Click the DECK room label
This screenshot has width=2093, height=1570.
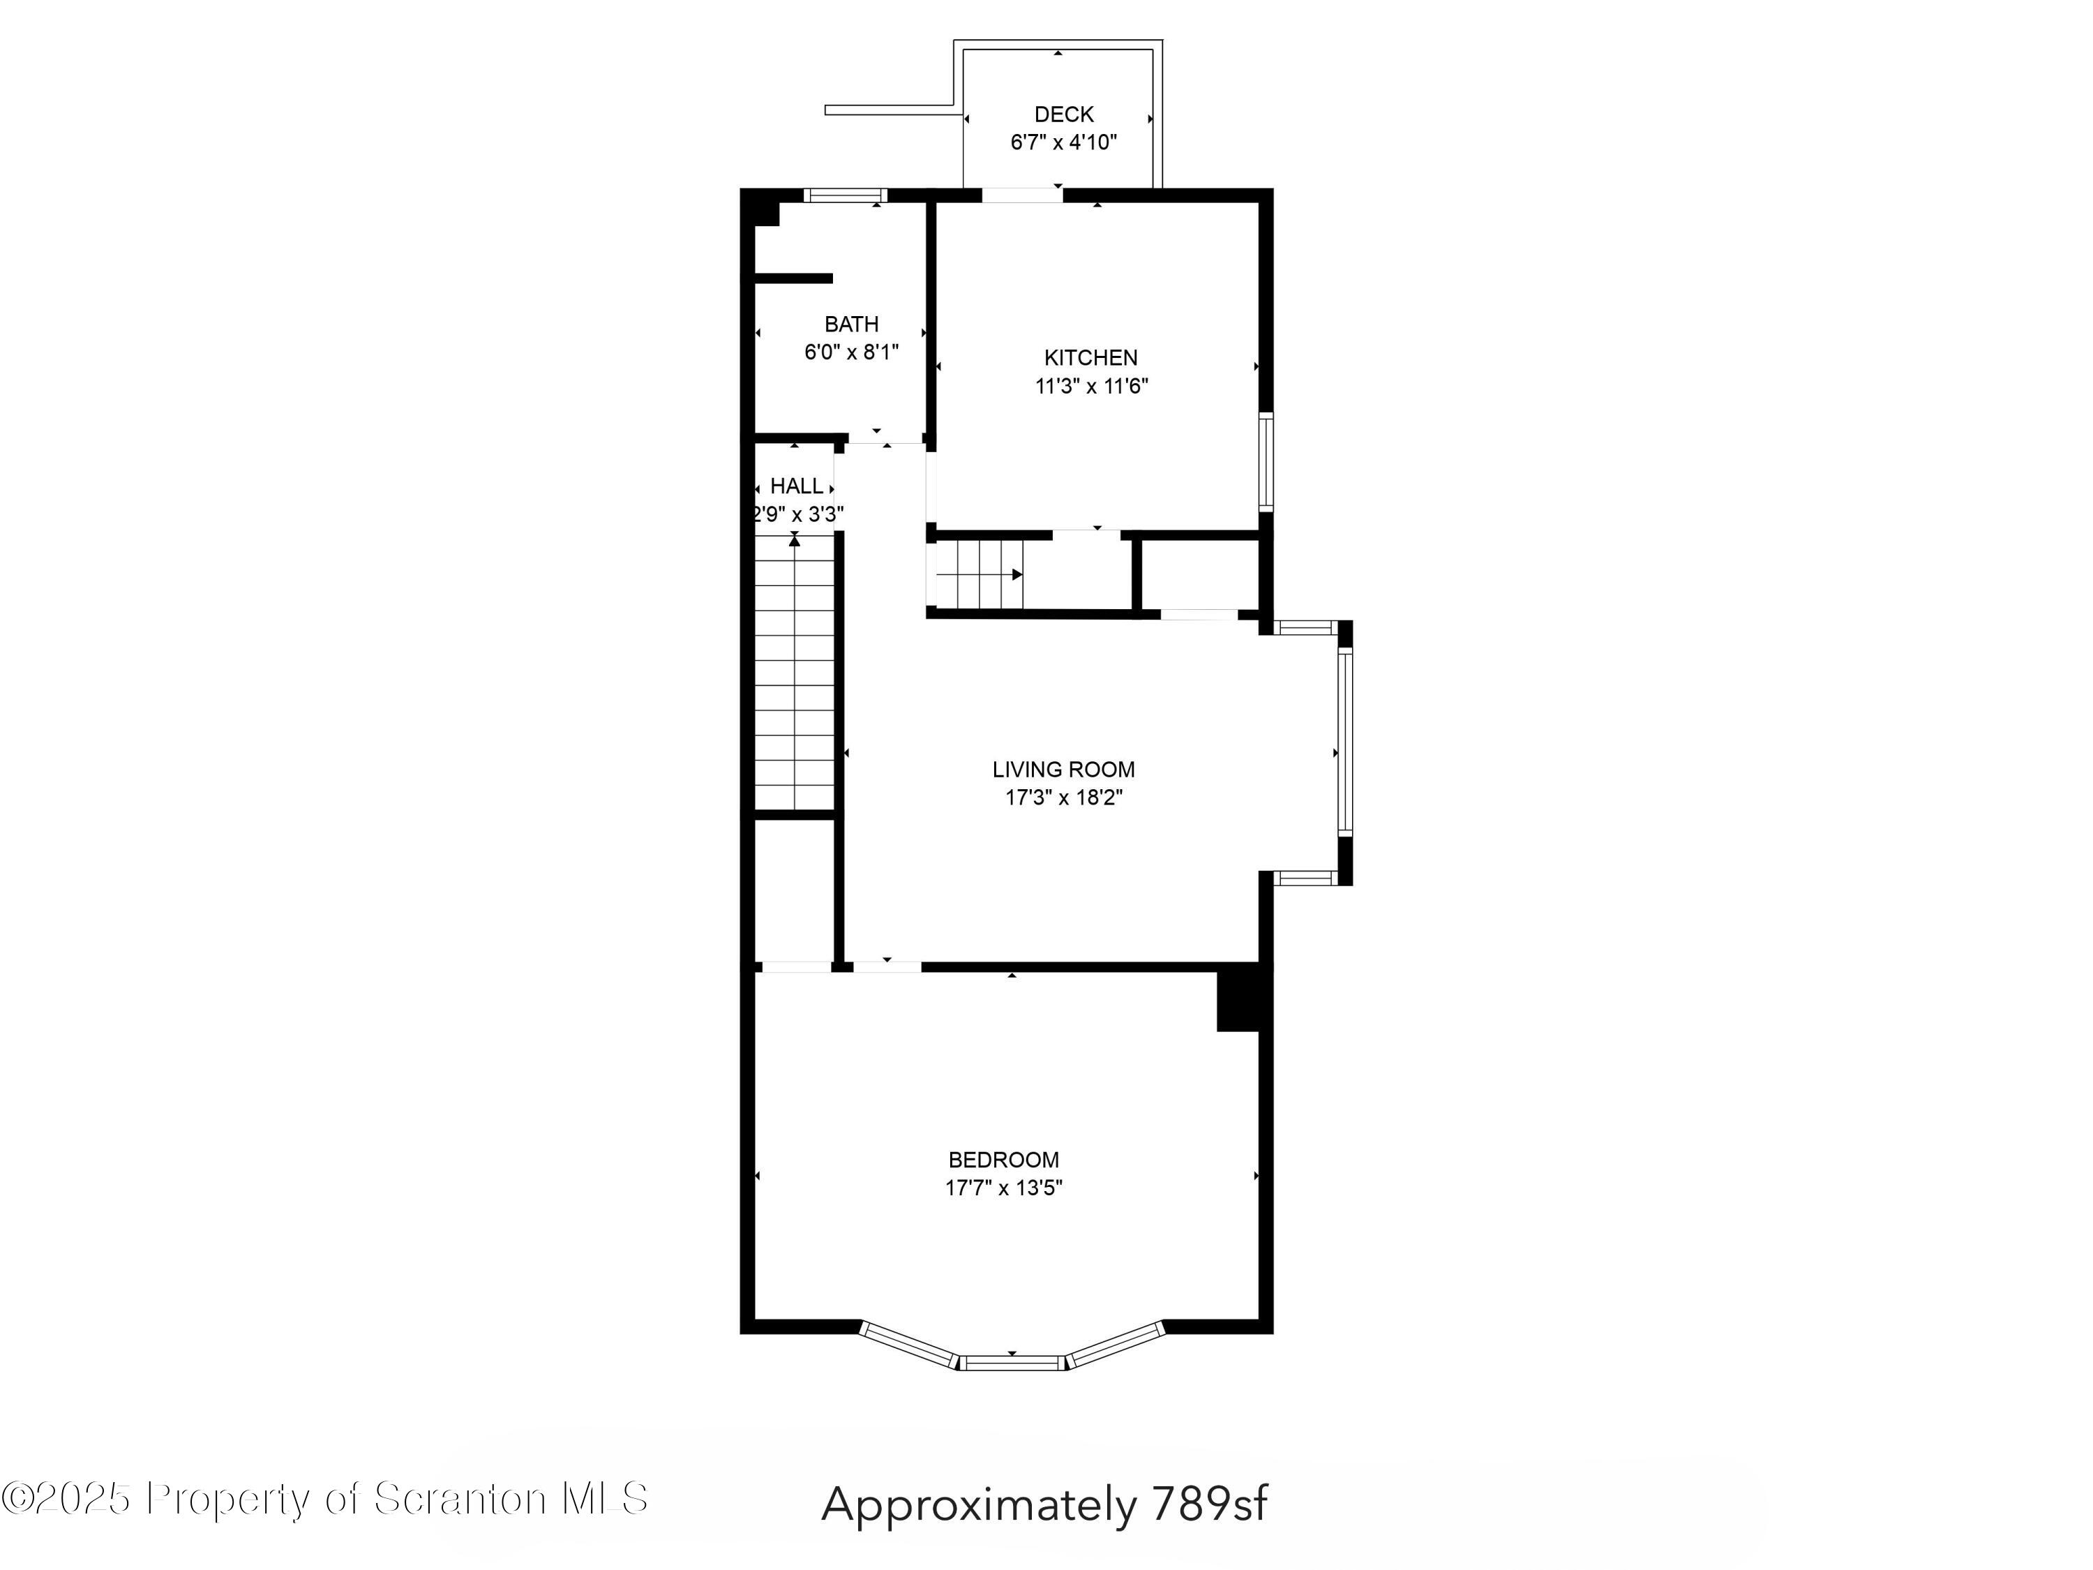point(1063,114)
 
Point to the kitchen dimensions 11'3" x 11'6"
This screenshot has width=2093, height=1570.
point(1091,386)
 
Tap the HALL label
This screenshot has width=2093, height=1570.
point(796,486)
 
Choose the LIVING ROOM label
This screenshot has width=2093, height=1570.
point(1063,770)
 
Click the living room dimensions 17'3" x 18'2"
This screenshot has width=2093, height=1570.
point(1063,798)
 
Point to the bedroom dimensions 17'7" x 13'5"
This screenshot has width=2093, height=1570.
point(1004,1188)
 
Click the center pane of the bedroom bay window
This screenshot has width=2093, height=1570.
point(1012,1363)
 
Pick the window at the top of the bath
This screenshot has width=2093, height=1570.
point(846,196)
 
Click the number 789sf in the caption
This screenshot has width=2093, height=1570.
point(1209,1503)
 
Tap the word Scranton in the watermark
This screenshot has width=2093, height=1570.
point(460,1498)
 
